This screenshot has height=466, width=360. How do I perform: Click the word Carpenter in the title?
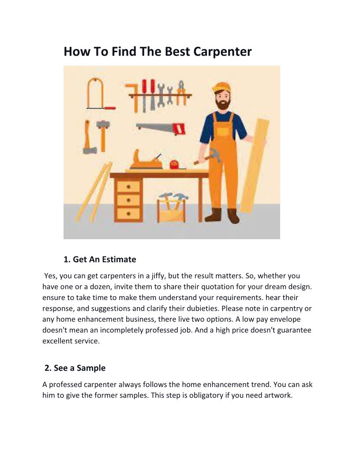tap(222, 52)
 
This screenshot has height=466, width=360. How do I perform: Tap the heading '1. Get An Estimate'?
tap(100, 259)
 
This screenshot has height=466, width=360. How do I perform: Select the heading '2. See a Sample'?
tap(75, 368)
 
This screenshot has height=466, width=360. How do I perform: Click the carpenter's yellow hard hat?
tap(221, 87)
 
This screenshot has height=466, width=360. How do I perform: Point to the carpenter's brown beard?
tap(223, 104)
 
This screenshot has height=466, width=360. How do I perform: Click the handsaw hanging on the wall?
tap(161, 128)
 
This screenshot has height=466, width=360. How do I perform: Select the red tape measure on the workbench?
tap(174, 164)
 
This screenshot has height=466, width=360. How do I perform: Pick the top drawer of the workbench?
tap(128, 187)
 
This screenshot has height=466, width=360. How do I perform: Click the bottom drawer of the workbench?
tap(128, 214)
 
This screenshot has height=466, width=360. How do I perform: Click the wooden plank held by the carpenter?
tap(255, 166)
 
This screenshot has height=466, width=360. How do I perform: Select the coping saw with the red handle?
tap(100, 94)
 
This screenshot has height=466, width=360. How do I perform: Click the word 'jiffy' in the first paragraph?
tap(157, 276)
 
